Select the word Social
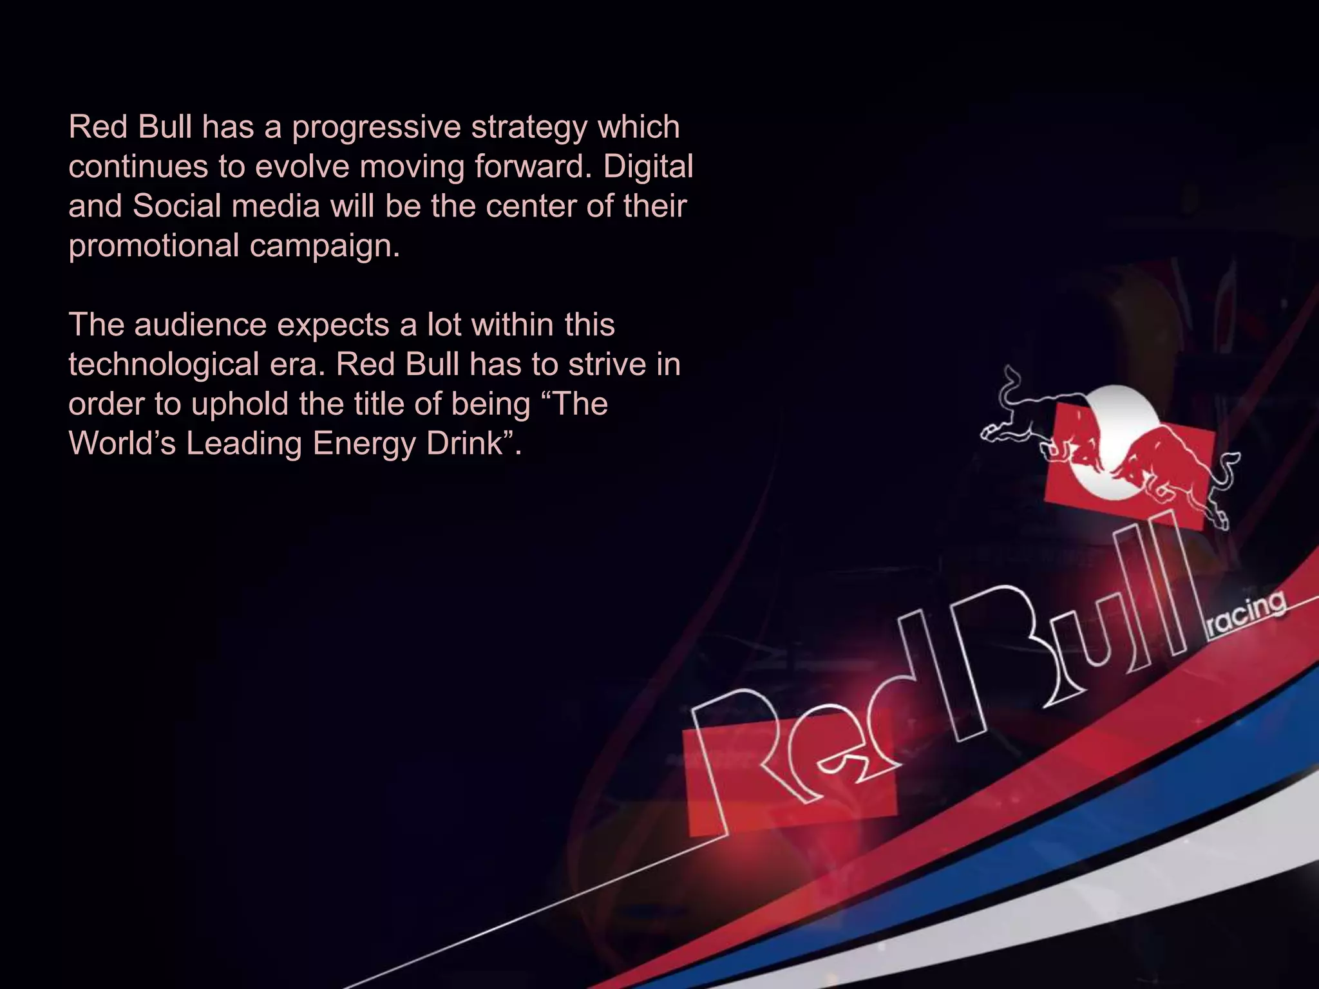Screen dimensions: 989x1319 pos(177,206)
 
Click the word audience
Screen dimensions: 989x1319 pos(200,325)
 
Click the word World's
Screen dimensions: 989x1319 pos(122,444)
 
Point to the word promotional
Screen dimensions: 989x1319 pos(154,246)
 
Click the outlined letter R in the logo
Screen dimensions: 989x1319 pos(741,760)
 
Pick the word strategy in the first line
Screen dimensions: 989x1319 pos(529,127)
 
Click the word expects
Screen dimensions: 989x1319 pos(333,325)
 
